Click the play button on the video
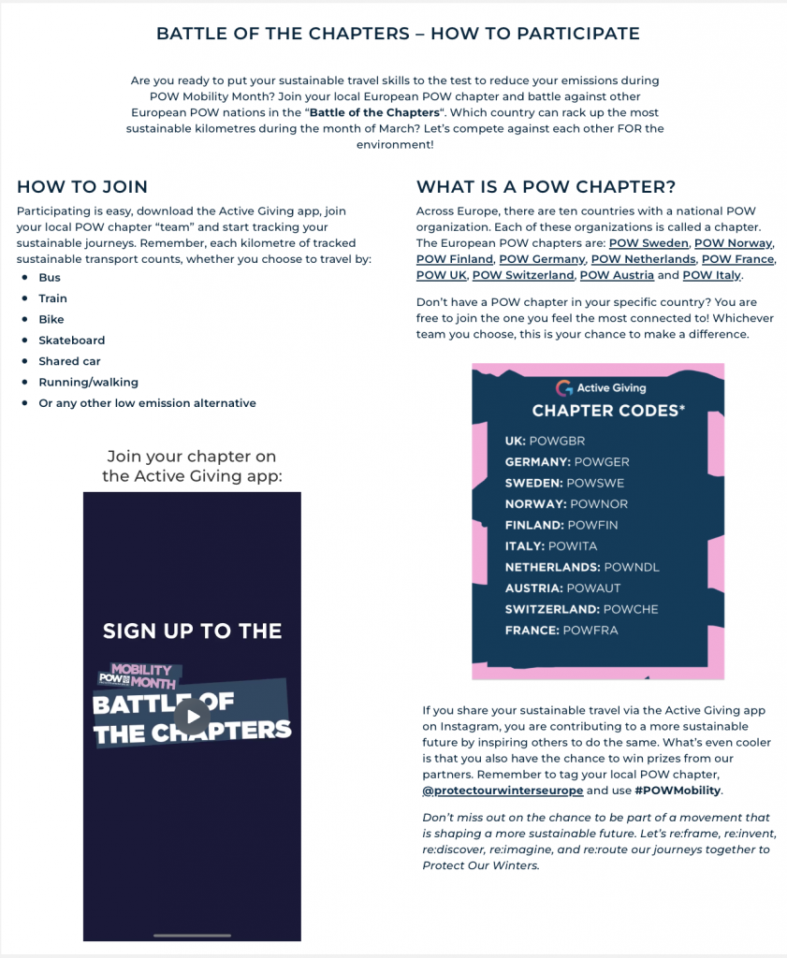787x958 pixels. click(192, 718)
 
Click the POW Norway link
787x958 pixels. click(733, 243)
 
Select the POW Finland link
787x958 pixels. click(455, 259)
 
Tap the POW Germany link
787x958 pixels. click(542, 259)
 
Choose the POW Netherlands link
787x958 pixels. click(643, 259)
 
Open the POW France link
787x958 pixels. click(737, 259)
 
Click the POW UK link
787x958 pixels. click(441, 275)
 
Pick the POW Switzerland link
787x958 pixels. click(523, 275)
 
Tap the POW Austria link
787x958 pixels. click(616, 275)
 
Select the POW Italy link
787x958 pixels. click(711, 275)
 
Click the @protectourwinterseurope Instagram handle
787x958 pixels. click(503, 791)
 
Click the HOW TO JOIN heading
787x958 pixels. click(82, 187)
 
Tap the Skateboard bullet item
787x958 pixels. click(72, 341)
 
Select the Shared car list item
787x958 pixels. click(69, 361)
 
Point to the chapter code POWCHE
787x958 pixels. click(632, 609)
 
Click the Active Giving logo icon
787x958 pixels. click(563, 388)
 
